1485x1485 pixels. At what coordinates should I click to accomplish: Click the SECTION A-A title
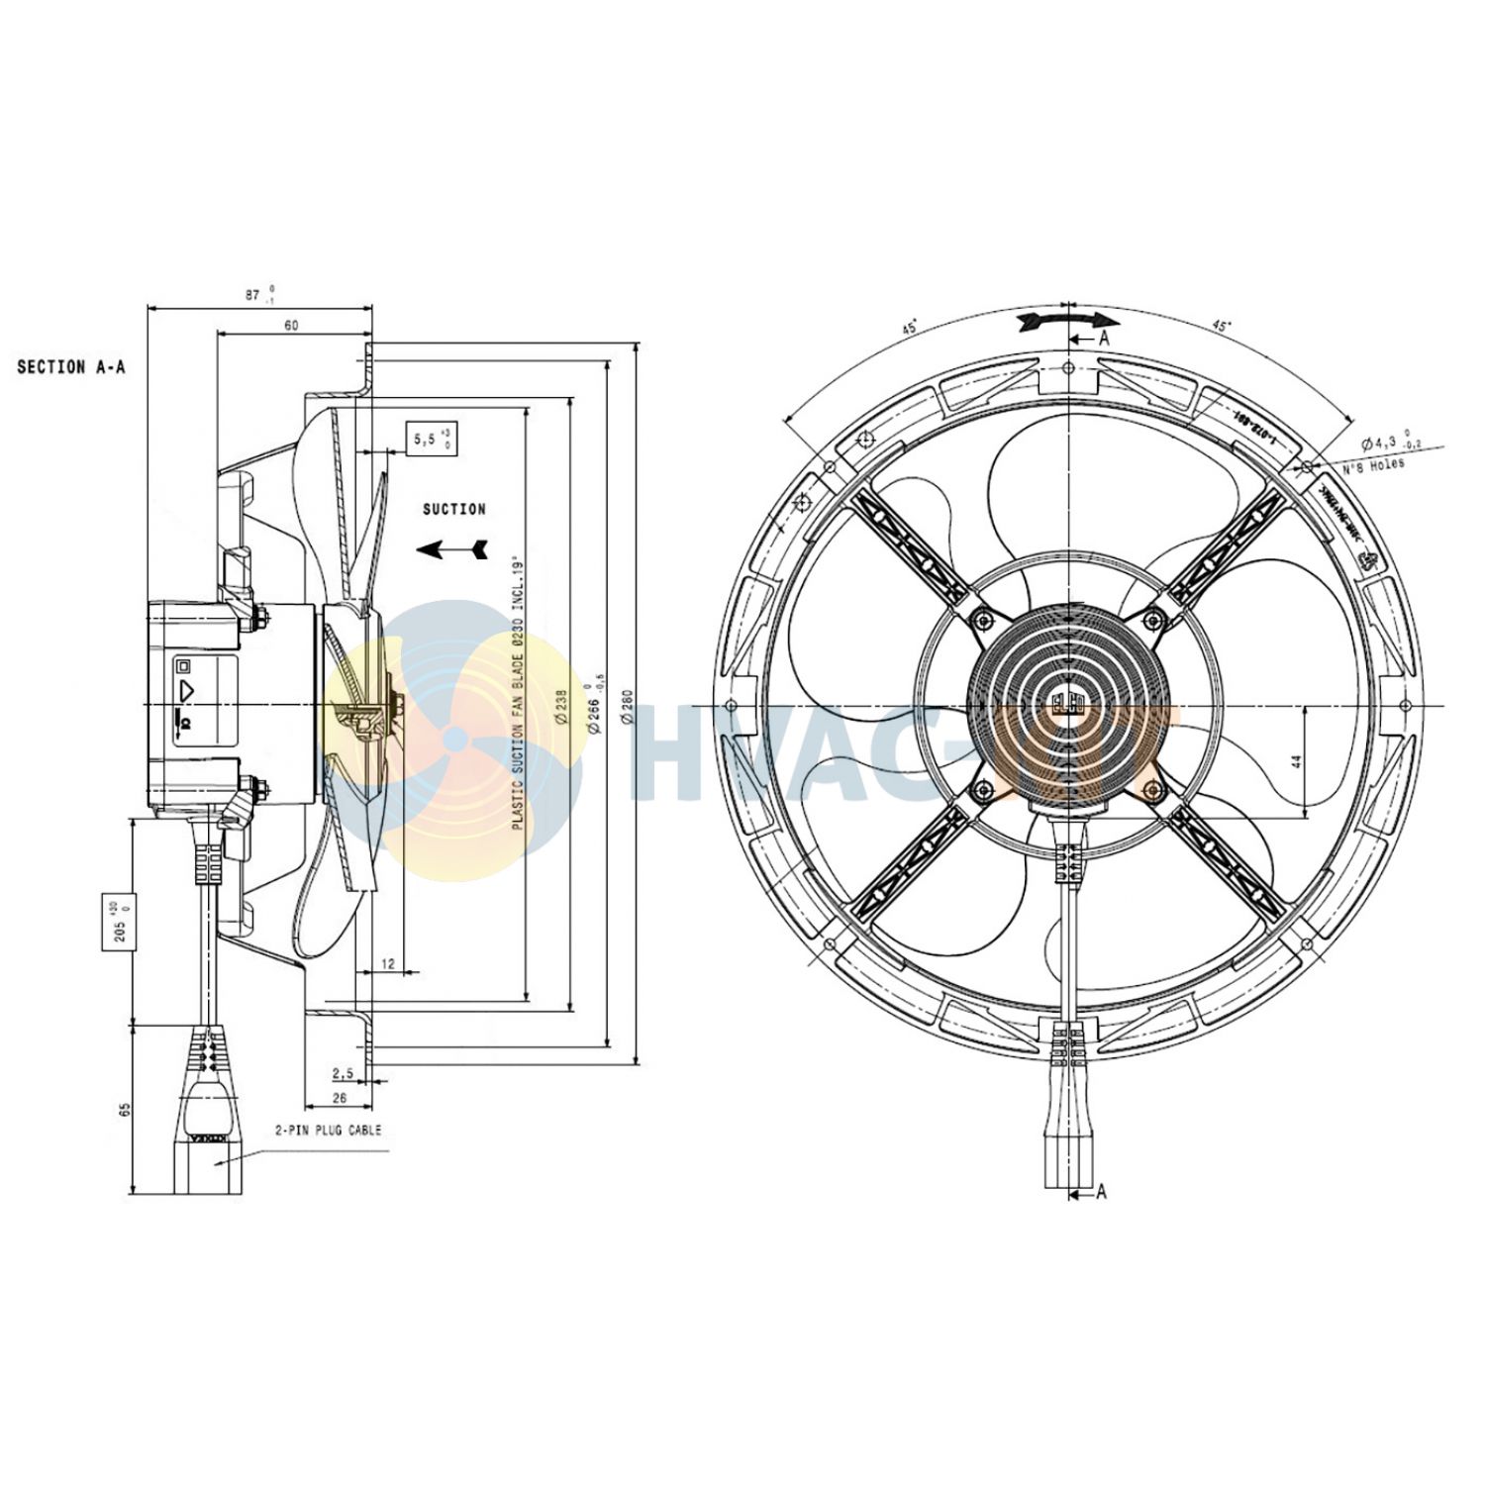(x=71, y=367)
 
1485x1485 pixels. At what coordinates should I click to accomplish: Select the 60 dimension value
(x=291, y=325)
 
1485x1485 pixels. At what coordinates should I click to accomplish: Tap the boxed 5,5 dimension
(x=432, y=439)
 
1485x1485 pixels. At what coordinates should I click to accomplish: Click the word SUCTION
(x=454, y=510)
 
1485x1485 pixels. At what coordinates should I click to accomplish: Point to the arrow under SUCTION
(x=452, y=549)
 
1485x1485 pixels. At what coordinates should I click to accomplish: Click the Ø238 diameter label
(x=561, y=708)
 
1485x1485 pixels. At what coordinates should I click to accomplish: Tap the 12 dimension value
(x=388, y=963)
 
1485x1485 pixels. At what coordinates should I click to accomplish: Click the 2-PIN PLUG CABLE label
(x=328, y=1130)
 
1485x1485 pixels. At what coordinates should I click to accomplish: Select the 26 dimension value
(x=339, y=1098)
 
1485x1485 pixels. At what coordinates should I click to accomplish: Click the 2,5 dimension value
(x=343, y=1072)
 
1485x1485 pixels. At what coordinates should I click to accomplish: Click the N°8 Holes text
(x=1374, y=466)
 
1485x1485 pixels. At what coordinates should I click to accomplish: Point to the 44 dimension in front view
(x=1296, y=761)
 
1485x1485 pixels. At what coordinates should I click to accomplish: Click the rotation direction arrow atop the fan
(x=1069, y=320)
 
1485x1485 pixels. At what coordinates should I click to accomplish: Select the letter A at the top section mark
(x=1104, y=339)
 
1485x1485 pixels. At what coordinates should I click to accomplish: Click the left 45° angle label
(x=909, y=327)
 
